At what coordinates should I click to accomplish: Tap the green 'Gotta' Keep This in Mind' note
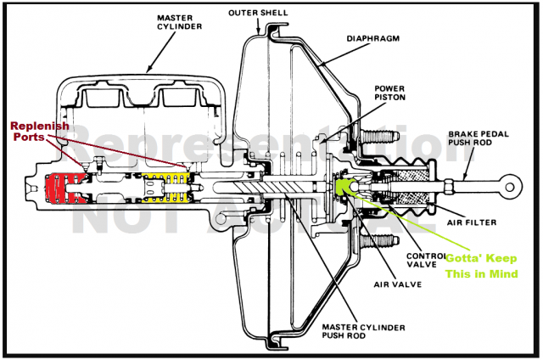pos(479,267)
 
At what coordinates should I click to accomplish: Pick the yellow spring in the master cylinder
pos(165,188)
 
